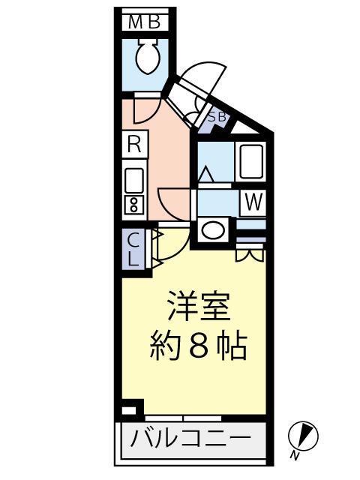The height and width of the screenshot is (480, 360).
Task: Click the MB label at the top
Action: tap(144, 22)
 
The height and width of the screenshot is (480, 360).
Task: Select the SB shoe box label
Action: tap(217, 116)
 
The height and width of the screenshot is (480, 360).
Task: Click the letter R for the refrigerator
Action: tap(133, 145)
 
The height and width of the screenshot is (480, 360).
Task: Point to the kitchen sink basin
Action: tap(134, 180)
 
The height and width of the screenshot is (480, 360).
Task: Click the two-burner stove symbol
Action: tap(134, 204)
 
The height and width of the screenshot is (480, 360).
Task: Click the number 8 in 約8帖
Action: tap(199, 346)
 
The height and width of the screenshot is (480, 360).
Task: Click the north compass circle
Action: tap(303, 436)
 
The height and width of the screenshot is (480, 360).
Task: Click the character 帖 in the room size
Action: tap(232, 346)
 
